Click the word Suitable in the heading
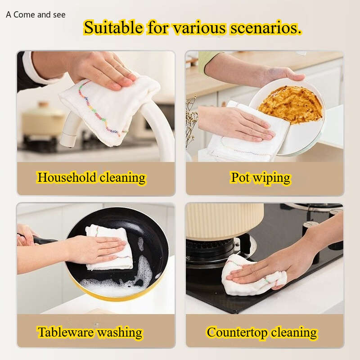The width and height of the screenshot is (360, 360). coord(113,27)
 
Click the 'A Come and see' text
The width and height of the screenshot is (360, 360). coord(36,15)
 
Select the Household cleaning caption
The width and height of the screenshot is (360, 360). coord(91,178)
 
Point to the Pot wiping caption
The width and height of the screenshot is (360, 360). coord(261,178)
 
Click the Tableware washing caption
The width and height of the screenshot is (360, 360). coord(90,333)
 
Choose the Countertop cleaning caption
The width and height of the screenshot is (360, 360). coord(262,333)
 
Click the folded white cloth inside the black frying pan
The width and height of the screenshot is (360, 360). coord(109,247)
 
